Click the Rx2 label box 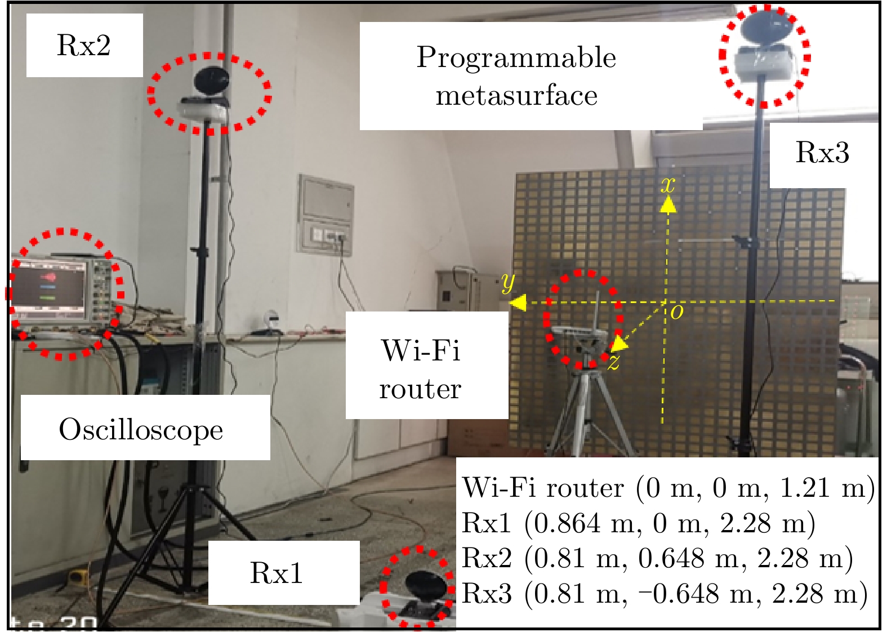tap(84, 45)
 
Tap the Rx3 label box tap(822, 153)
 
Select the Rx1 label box tap(283, 573)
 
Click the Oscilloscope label tap(145, 428)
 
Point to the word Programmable tap(516, 59)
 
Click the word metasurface tap(516, 95)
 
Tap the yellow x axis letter tap(667, 185)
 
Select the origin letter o tap(677, 312)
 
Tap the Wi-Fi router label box tap(427, 365)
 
